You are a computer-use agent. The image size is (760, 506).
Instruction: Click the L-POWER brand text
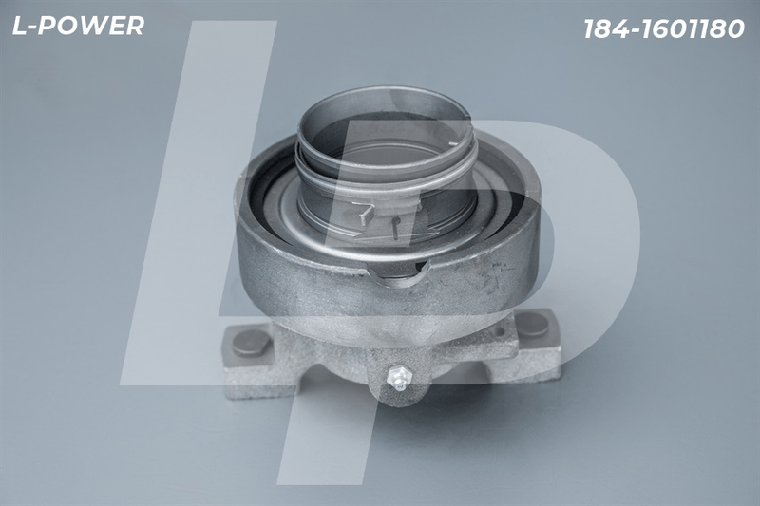[x=78, y=26]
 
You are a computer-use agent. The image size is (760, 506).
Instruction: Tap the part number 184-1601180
[x=664, y=29]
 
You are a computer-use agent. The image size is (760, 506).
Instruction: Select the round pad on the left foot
[x=251, y=343]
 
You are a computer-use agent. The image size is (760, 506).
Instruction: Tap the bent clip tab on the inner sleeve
[x=364, y=214]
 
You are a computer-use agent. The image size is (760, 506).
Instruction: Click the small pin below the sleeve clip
[x=395, y=228]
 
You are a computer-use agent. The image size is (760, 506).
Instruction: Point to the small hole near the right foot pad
[x=499, y=332]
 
